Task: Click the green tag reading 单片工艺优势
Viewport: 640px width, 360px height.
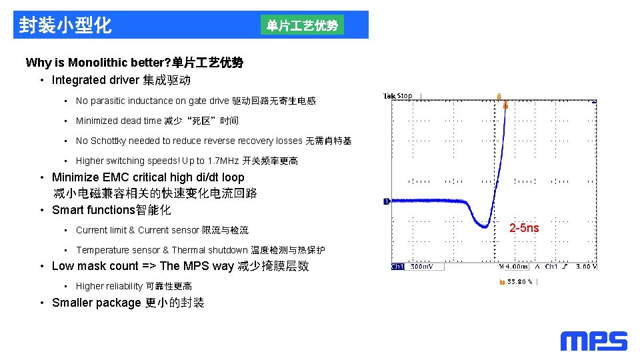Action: pyautogui.click(x=302, y=25)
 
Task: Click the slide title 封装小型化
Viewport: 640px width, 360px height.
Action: pyautogui.click(x=65, y=25)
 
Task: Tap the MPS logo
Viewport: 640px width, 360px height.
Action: pyautogui.click(x=593, y=341)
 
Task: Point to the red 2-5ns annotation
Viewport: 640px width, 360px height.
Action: pyautogui.click(x=524, y=228)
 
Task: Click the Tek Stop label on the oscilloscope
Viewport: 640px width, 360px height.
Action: pyautogui.click(x=397, y=96)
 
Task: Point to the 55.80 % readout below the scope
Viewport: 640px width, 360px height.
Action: pyautogui.click(x=520, y=281)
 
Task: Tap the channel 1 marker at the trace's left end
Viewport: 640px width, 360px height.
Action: pyautogui.click(x=386, y=201)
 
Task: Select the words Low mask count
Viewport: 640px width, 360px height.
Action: pyautogui.click(x=95, y=266)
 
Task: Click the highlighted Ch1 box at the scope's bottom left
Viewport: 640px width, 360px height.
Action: pyautogui.click(x=397, y=267)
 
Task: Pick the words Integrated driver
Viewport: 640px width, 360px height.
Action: pyautogui.click(x=95, y=80)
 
